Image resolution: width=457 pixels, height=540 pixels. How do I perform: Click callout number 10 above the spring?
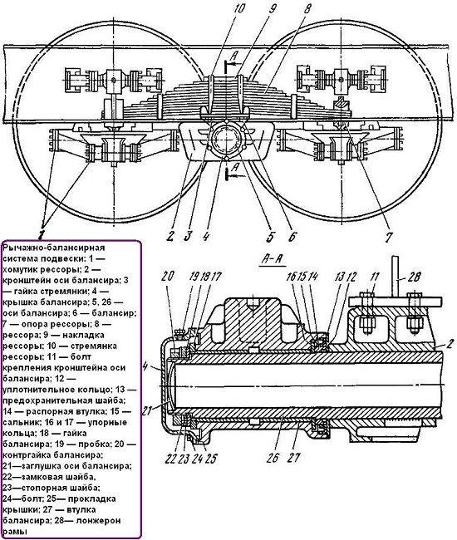click(238, 7)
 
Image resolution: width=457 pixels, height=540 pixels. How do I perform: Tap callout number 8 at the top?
click(306, 8)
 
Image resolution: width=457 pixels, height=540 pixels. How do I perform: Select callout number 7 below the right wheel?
click(389, 237)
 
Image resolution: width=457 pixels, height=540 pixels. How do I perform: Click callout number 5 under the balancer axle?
click(270, 237)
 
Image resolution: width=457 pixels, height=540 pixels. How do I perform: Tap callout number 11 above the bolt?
click(375, 277)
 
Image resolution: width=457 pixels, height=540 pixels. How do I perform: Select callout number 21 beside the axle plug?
click(147, 410)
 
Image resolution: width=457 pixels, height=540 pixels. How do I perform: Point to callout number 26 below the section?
click(273, 458)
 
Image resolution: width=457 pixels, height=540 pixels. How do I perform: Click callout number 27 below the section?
click(295, 458)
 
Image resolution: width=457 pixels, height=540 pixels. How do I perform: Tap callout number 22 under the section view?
click(171, 459)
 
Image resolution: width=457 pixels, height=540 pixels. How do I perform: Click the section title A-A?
click(273, 259)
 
